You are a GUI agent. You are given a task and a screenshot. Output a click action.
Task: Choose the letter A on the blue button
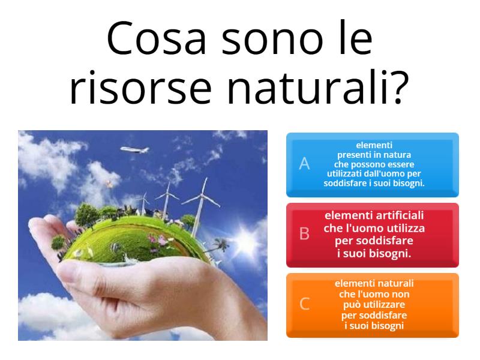[x=304, y=164]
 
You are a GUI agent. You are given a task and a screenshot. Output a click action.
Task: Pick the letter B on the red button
[x=304, y=235]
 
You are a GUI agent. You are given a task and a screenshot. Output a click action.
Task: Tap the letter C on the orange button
[x=304, y=304]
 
